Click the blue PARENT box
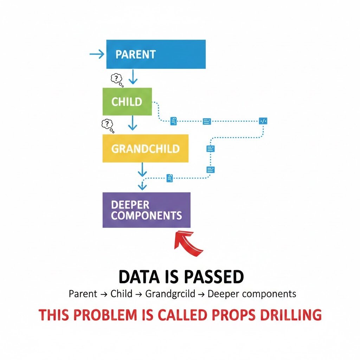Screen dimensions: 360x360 156,54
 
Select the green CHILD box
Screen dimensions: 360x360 127,102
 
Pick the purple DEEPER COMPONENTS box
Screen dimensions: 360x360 146,210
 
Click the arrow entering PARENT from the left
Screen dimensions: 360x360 97,54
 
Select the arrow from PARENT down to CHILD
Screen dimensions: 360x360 133,77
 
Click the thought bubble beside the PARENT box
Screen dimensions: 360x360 116,79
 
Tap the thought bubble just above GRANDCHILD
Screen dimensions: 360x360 107,125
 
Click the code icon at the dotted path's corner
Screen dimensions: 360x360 263,121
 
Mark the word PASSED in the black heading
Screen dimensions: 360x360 212,277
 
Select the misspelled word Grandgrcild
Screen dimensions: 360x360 170,294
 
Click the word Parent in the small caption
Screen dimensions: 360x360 83,294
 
